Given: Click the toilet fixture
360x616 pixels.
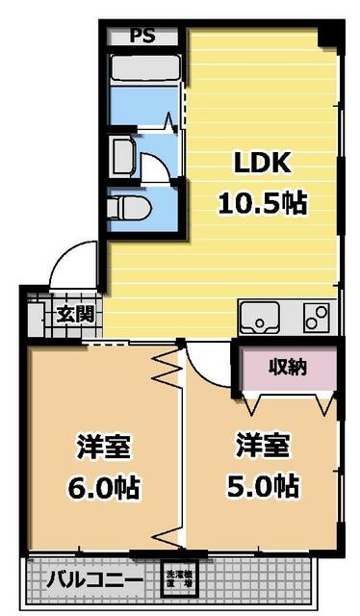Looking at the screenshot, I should click(x=125, y=205).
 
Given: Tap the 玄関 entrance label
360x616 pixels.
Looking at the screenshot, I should click(x=74, y=313).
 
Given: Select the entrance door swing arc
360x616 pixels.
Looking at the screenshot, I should click(x=75, y=262).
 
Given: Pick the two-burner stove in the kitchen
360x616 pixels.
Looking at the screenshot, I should click(x=316, y=317).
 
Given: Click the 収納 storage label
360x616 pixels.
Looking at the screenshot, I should click(x=287, y=367).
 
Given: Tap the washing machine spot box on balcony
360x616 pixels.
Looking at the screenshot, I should click(x=178, y=577).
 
